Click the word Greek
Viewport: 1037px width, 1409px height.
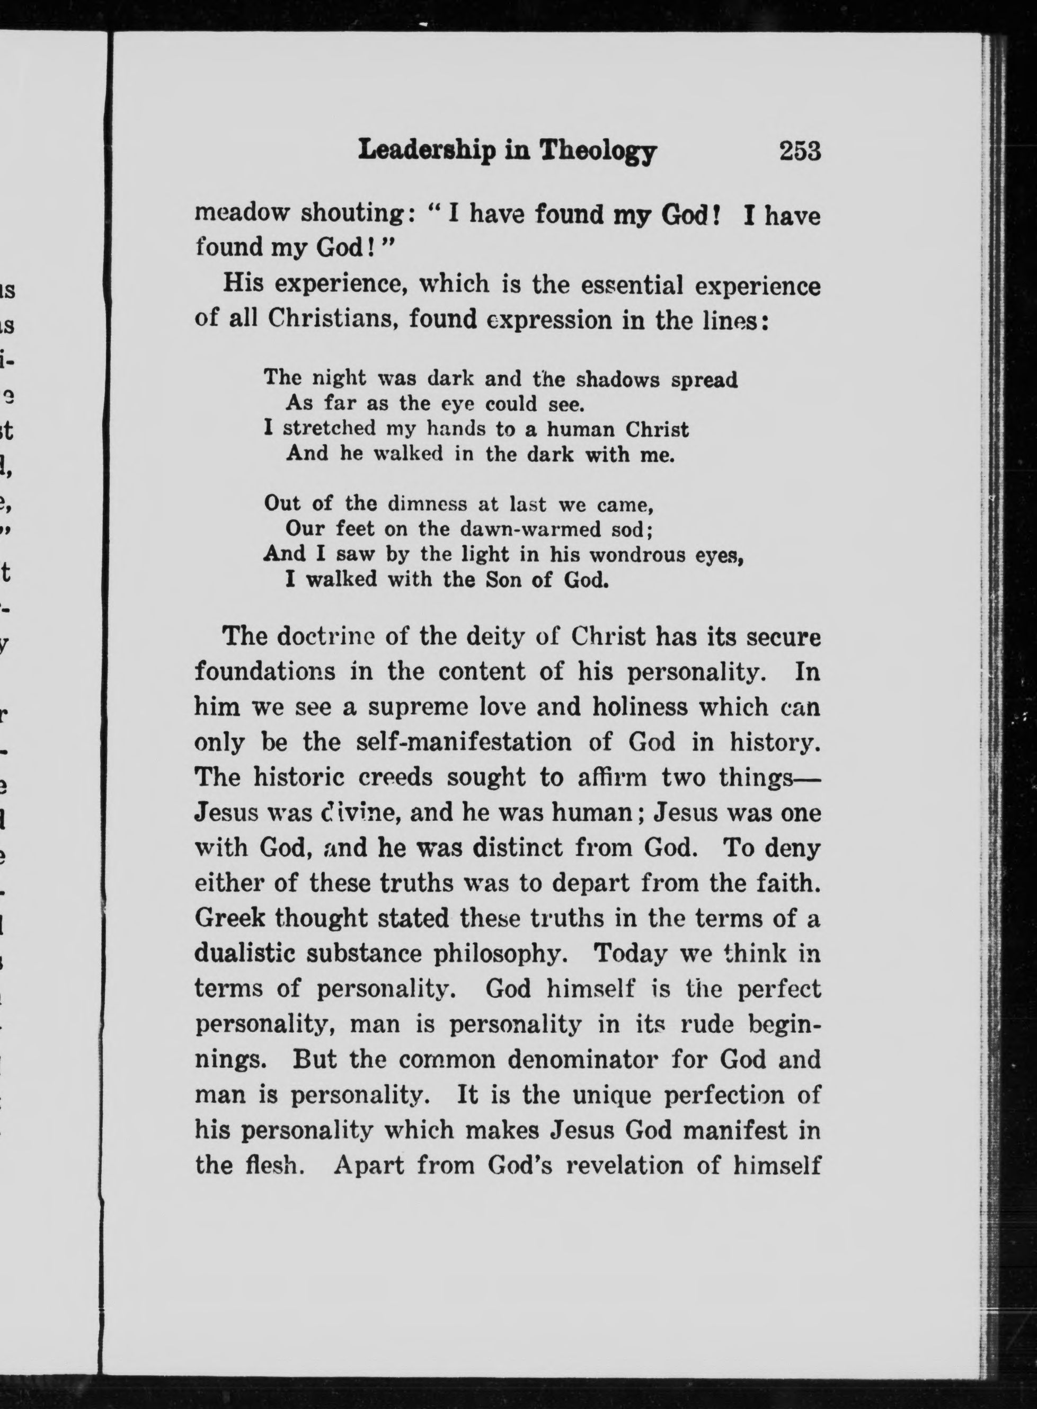[228, 918]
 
